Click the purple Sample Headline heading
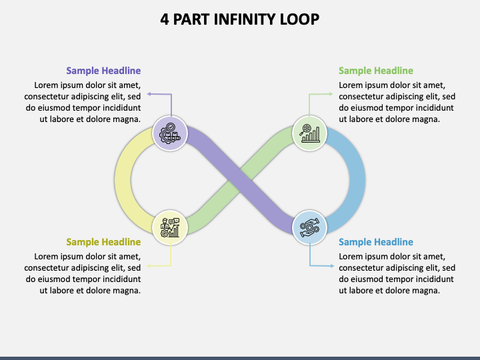click(x=103, y=71)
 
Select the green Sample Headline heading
click(x=376, y=71)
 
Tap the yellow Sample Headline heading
click(x=103, y=242)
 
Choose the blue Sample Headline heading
click(x=376, y=242)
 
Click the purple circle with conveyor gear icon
click(x=170, y=133)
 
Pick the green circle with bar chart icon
click(x=309, y=133)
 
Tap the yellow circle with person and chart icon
click(x=170, y=227)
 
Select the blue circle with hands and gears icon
click(x=309, y=227)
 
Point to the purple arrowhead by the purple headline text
click(x=149, y=94)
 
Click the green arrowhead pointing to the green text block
click(x=331, y=94)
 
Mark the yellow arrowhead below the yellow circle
click(x=149, y=266)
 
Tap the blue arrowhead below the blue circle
click(x=332, y=266)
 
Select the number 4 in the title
click(x=165, y=19)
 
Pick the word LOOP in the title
click(x=299, y=19)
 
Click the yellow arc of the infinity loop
click(x=123, y=180)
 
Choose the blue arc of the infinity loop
click(x=357, y=180)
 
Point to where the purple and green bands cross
click(x=240, y=180)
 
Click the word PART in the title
click(x=191, y=19)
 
